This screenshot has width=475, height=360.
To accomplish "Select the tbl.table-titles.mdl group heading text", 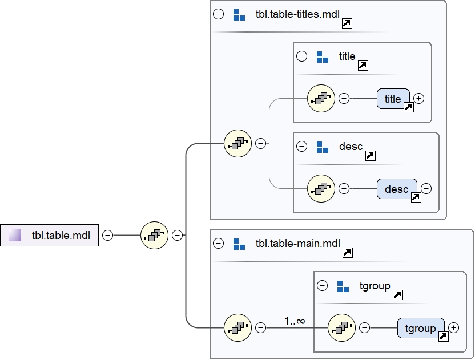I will (297, 15).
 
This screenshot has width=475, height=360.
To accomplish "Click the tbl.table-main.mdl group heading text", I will (297, 244).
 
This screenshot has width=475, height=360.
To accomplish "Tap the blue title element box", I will (393, 99).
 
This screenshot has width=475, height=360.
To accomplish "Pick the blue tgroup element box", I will (420, 328).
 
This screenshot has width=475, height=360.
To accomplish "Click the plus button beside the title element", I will (419, 98).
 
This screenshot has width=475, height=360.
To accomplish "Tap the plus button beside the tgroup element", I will (453, 327).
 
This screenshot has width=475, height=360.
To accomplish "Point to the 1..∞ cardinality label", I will (295, 321).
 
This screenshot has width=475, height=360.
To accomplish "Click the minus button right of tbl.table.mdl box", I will (107, 235).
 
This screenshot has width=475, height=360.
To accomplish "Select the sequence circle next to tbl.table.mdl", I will (154, 235).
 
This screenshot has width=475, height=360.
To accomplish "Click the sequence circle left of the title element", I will (321, 98).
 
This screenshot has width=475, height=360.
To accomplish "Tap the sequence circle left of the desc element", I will (321, 188).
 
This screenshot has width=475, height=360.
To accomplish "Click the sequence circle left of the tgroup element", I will (343, 327).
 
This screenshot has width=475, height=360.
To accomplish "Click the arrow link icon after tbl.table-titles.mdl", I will (347, 23).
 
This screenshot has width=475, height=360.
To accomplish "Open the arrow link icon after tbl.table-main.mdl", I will (347, 253).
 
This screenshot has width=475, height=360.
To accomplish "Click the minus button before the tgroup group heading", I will (323, 285).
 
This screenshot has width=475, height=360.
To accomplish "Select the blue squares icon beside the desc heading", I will (323, 147).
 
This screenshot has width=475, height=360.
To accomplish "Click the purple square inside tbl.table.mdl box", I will (15, 235).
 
